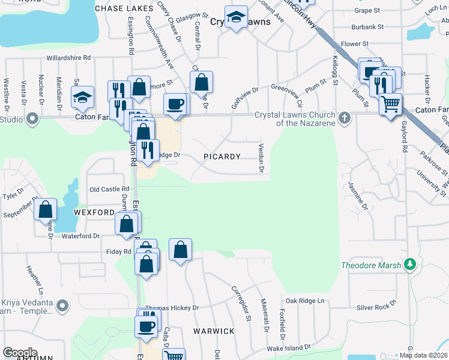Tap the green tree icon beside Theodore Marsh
tap(410, 264)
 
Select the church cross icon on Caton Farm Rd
tap(345, 117)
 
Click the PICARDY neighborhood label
tap(222, 157)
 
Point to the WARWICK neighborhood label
tap(214, 331)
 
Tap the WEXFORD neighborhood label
tap(94, 212)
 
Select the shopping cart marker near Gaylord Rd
tap(391, 104)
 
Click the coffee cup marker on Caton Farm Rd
tap(175, 104)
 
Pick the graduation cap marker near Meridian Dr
tap(82, 97)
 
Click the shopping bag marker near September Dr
tap(46, 209)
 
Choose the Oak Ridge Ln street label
tap(304, 301)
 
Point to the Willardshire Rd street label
tap(69, 58)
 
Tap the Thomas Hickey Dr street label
tap(172, 307)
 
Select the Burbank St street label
tap(367, 27)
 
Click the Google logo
tap(20, 353)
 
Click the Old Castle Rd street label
tap(109, 189)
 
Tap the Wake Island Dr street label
tap(289, 347)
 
